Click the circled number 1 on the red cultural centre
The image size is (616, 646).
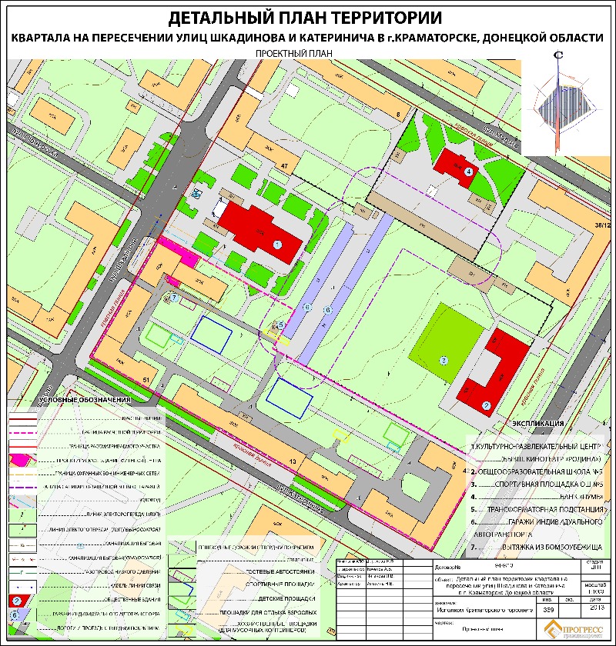(277, 244)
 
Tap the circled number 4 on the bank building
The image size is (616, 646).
(468, 171)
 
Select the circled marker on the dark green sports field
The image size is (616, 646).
(443, 360)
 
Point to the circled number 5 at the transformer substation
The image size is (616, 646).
(281, 325)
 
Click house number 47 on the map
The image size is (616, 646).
(285, 166)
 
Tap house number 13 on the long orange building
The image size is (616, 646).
(293, 461)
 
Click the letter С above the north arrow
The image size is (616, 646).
(557, 55)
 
